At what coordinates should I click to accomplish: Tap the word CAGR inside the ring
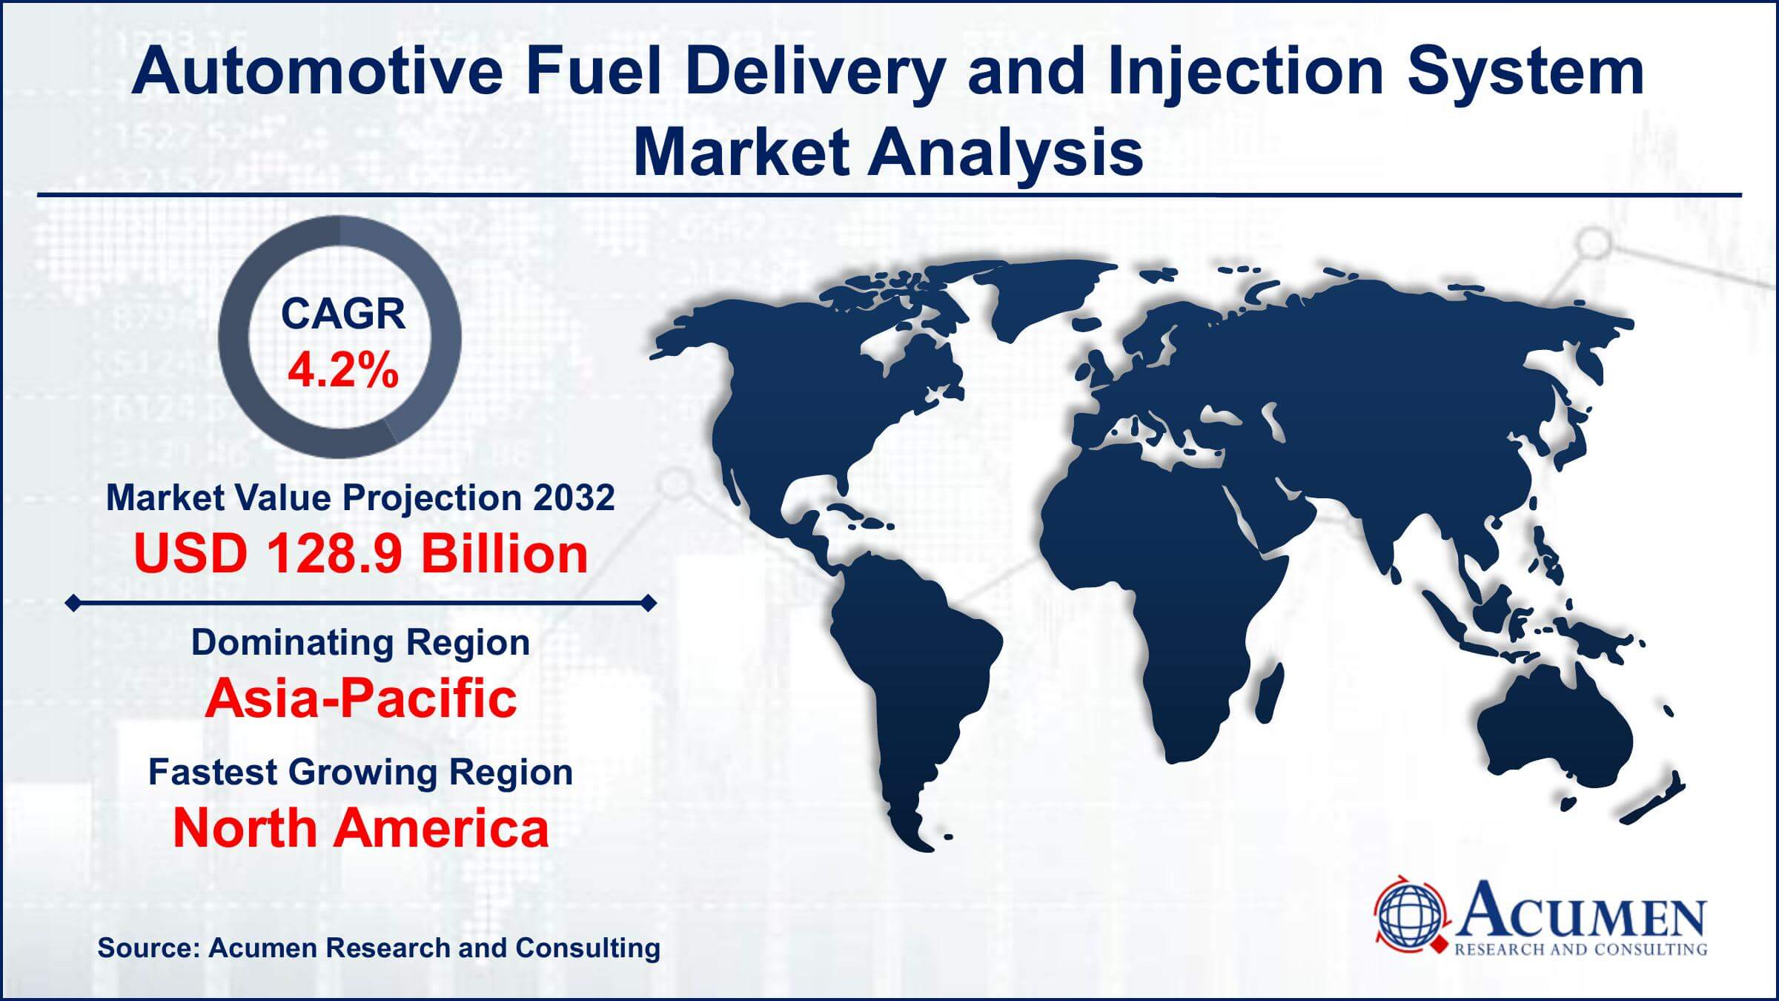(x=343, y=314)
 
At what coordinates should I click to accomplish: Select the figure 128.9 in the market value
(x=334, y=554)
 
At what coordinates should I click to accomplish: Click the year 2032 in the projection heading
(x=573, y=497)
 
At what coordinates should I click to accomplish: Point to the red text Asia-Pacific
(x=361, y=698)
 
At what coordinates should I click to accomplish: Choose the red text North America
(x=361, y=828)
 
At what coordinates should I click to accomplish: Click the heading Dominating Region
(x=361, y=642)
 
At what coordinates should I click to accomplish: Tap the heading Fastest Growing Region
(x=361, y=772)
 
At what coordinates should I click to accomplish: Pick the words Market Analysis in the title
(x=888, y=152)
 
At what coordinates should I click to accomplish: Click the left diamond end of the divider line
(x=73, y=604)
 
